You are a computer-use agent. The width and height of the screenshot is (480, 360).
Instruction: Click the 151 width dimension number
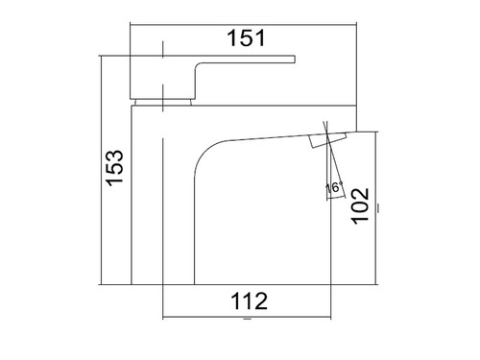(x=246, y=38)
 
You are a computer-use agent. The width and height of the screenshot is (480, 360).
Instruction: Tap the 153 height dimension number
(x=115, y=168)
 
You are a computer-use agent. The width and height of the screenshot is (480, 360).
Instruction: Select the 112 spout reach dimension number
(x=250, y=301)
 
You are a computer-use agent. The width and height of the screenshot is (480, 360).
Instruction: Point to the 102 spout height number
(x=361, y=206)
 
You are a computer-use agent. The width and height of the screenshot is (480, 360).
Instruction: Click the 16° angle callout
(x=334, y=187)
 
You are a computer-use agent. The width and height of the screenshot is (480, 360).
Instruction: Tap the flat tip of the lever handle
(x=295, y=60)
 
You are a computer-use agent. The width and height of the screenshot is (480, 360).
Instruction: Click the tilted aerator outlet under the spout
(x=327, y=140)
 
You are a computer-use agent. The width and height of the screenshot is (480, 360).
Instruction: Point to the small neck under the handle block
(x=163, y=102)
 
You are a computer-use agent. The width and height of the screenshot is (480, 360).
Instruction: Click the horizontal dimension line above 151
(x=243, y=24)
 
